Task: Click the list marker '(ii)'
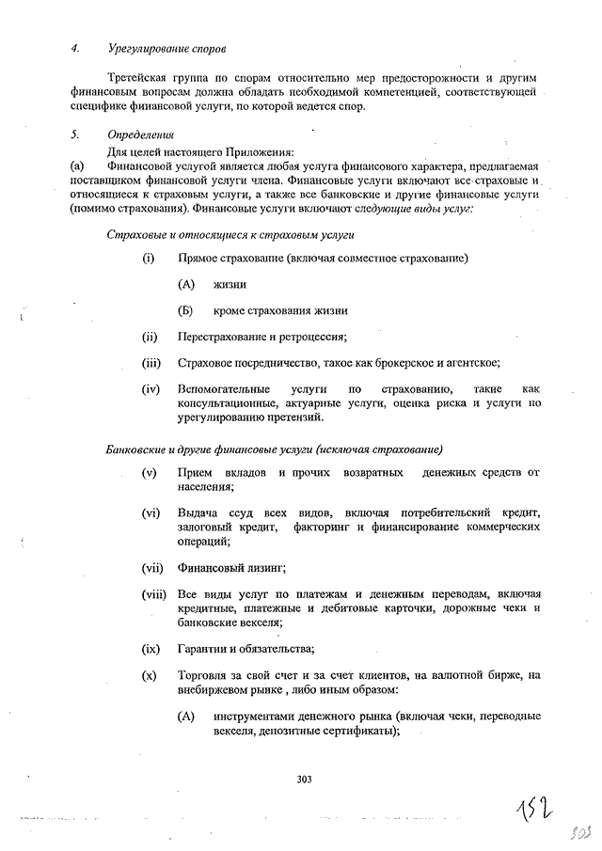150,337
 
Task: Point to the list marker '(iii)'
151,363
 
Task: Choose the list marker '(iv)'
150,389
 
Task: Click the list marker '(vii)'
152,568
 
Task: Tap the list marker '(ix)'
150,649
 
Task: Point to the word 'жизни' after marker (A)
230,284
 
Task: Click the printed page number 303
303,779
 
